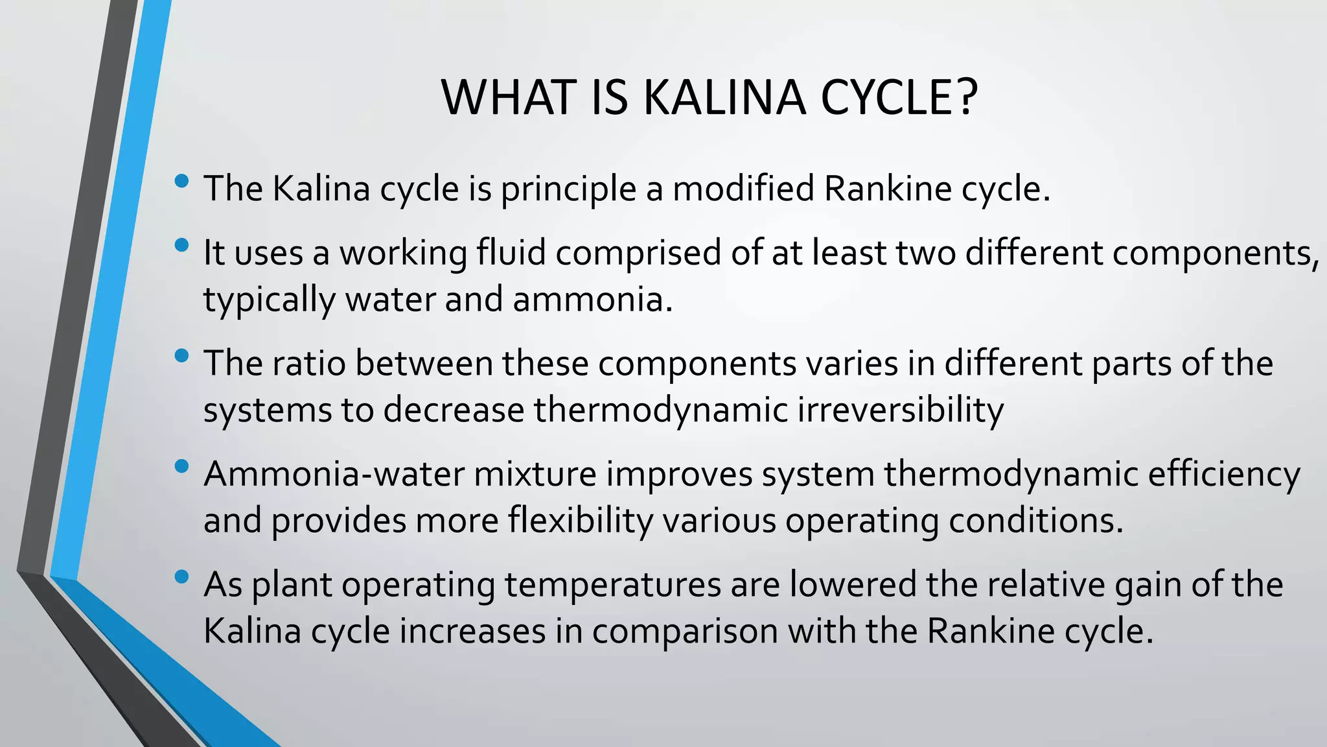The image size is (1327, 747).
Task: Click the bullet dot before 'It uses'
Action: (x=182, y=245)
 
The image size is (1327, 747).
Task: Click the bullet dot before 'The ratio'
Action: (x=182, y=355)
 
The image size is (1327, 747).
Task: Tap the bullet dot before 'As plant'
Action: (x=182, y=576)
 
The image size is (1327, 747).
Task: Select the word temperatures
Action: (x=612, y=586)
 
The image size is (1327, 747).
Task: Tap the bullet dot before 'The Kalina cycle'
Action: (x=182, y=181)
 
